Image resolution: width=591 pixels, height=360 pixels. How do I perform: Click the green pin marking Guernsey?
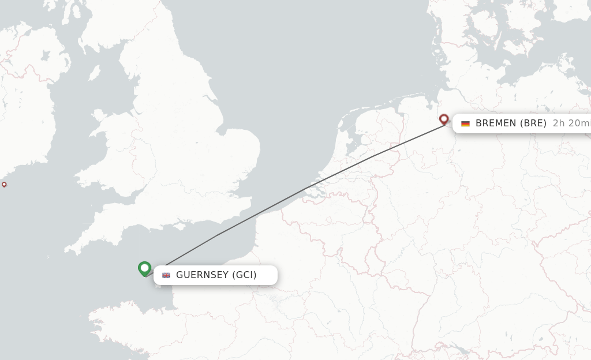pyautogui.click(x=144, y=268)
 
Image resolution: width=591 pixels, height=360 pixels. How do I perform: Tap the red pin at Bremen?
pyautogui.click(x=444, y=119)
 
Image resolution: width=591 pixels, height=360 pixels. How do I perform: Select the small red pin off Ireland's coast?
pyautogui.click(x=4, y=185)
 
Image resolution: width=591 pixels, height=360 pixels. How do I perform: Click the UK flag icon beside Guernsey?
pyautogui.click(x=166, y=275)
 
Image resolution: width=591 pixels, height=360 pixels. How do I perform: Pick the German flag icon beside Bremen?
pyautogui.click(x=465, y=123)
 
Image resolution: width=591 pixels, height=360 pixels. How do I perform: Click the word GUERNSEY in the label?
pyautogui.click(x=202, y=275)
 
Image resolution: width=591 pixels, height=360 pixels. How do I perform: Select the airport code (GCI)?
pyautogui.click(x=244, y=275)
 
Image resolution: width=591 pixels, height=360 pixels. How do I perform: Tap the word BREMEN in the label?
pyautogui.click(x=496, y=123)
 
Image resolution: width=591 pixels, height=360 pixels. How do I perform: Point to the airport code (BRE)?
pyautogui.click(x=533, y=123)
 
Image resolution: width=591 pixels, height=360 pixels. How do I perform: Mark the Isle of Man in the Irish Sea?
pyautogui.click(x=94, y=73)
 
